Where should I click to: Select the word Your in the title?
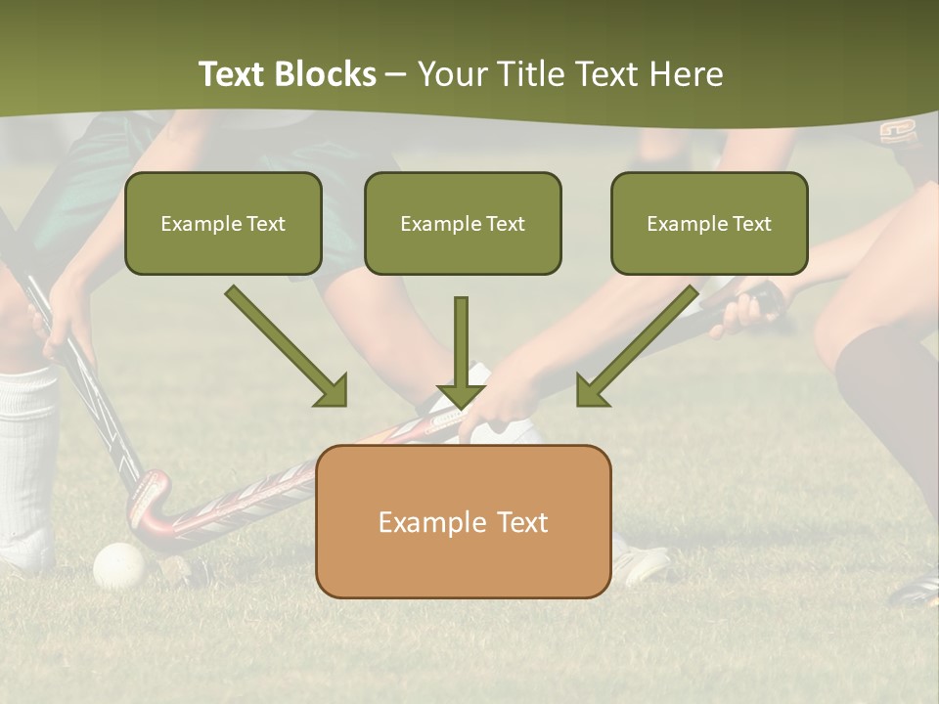(x=451, y=74)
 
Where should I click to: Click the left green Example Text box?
(x=223, y=224)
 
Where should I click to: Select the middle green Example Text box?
(x=463, y=224)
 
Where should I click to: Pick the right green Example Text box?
(x=709, y=224)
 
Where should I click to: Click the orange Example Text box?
(x=463, y=522)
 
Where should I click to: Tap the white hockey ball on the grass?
(x=118, y=564)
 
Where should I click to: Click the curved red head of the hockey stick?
(x=153, y=504)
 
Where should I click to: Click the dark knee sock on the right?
(x=885, y=391)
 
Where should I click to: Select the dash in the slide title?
(x=396, y=75)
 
